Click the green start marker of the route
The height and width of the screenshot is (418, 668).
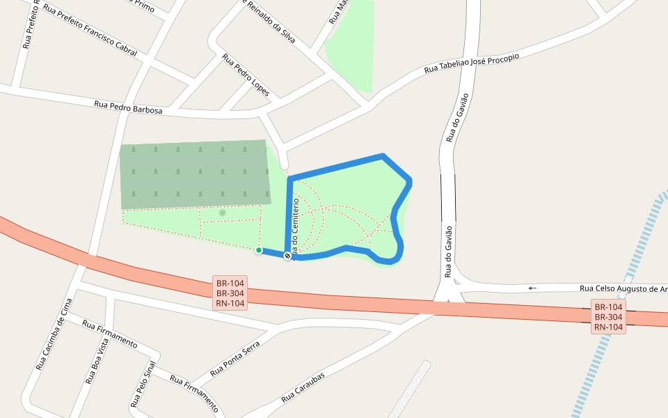coord(259,250)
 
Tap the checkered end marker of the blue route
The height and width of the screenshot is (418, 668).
coord(287,256)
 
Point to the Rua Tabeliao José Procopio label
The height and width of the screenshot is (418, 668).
coord(472,64)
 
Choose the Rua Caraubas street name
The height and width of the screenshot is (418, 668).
coord(303,388)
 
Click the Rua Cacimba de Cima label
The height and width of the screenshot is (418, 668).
coord(54,334)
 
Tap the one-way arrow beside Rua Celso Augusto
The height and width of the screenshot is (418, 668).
coord(532,288)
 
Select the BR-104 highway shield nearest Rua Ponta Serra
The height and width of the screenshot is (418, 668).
coord(230,293)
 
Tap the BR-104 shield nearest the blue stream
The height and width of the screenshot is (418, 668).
coord(609,316)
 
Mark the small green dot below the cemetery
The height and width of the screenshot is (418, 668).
coord(223,212)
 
